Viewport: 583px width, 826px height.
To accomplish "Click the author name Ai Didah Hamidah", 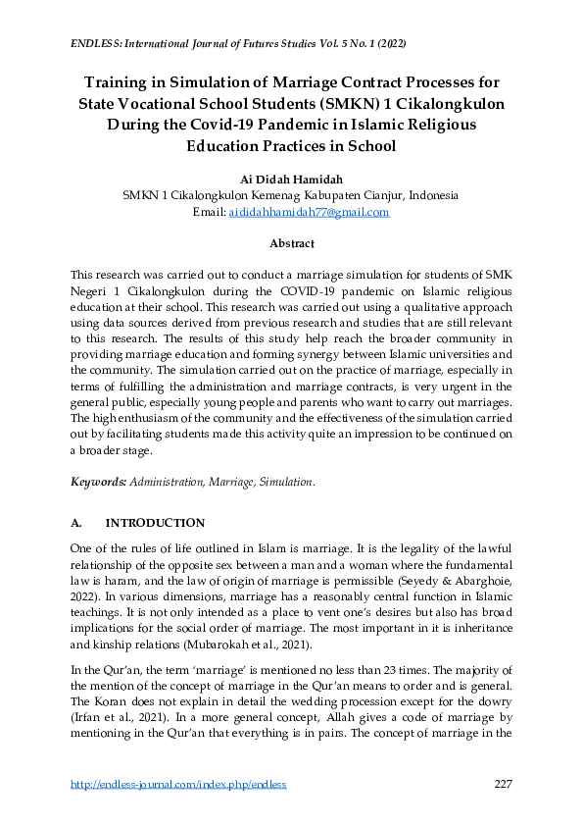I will [x=290, y=180].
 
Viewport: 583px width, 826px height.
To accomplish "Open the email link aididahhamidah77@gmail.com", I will [x=309, y=212].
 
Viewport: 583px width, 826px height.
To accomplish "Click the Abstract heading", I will [x=291, y=242].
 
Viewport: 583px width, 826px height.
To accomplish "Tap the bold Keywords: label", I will [x=98, y=483].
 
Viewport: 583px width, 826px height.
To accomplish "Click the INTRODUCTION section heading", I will [x=155, y=523].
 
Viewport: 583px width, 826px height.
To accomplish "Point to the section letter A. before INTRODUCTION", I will [x=77, y=523].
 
